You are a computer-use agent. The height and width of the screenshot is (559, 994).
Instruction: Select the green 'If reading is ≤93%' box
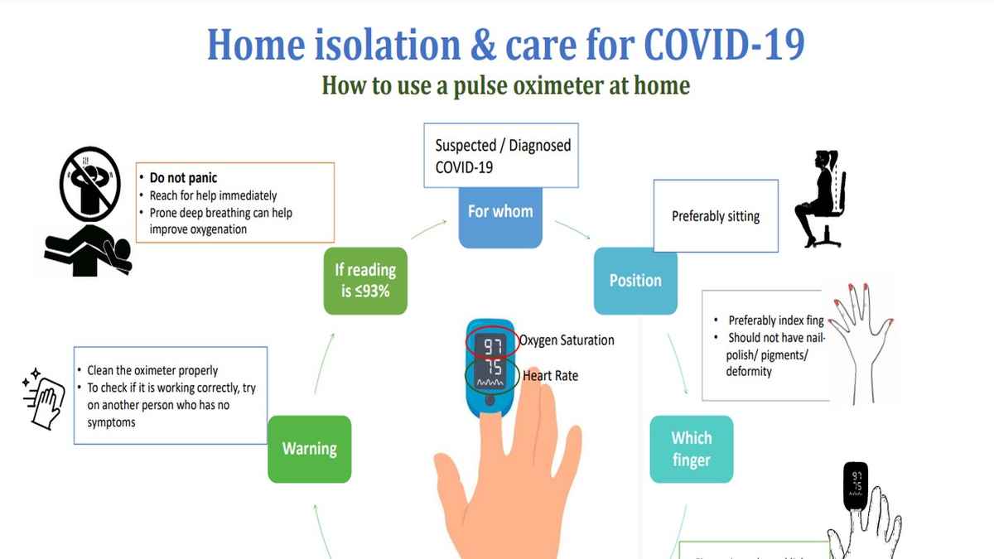[365, 281]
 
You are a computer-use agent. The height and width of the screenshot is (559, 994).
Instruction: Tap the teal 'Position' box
[635, 281]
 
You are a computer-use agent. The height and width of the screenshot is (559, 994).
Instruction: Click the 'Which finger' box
[691, 449]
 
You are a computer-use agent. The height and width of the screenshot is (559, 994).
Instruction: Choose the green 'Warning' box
[309, 449]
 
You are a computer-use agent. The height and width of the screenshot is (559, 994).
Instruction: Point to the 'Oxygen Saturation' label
[567, 340]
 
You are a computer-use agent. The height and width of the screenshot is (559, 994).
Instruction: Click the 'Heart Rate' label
[551, 376]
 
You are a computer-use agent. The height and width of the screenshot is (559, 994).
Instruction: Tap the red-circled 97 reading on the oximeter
[493, 345]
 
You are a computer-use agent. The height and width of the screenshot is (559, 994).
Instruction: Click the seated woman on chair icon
[818, 199]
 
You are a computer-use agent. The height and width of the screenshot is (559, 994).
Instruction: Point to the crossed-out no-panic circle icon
[89, 183]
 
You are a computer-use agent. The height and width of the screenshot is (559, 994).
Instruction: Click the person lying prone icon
[87, 250]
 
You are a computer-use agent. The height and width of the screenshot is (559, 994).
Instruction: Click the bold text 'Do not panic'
[183, 178]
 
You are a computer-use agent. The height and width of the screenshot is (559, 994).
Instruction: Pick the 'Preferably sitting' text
[715, 217]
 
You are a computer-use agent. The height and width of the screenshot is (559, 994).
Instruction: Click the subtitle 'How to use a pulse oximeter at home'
[505, 85]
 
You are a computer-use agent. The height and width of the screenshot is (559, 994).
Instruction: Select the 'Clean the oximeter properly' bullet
[152, 371]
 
